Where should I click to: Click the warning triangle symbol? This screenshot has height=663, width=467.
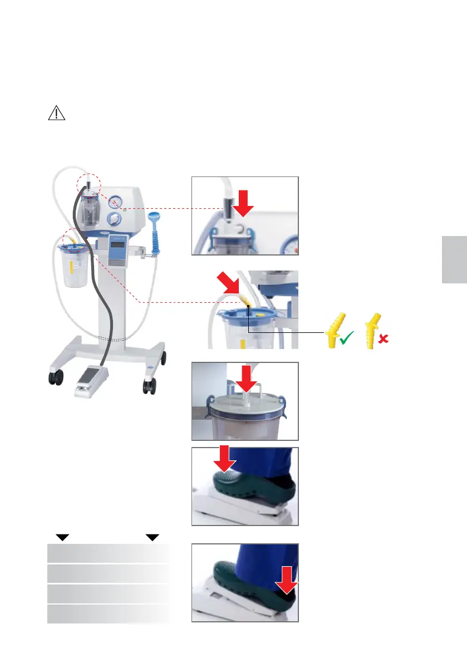pyautogui.click(x=56, y=113)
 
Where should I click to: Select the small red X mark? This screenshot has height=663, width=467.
pyautogui.click(x=382, y=339)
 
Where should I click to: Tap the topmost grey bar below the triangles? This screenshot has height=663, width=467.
pyautogui.click(x=108, y=553)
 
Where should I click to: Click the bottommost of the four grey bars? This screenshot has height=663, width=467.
pyautogui.click(x=108, y=614)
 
